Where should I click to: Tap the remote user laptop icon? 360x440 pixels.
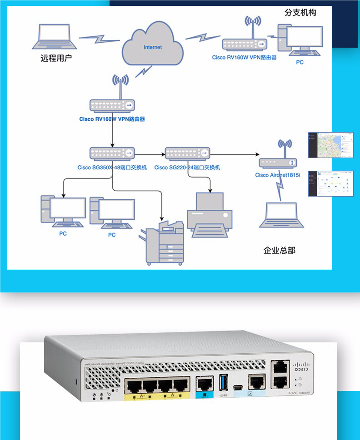pyautogui.click(x=54, y=37)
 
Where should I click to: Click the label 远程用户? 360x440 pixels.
pyautogui.click(x=56, y=58)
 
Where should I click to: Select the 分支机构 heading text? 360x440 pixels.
pyautogui.click(x=300, y=12)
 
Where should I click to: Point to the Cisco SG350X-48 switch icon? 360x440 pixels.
pyautogui.click(x=112, y=153)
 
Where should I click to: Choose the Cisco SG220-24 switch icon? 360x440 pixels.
pyautogui.click(x=187, y=153)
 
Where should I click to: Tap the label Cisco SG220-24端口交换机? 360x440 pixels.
pyautogui.click(x=187, y=168)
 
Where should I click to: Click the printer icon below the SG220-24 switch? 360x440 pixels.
pyautogui.click(x=210, y=214)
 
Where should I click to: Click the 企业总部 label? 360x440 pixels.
pyautogui.click(x=279, y=250)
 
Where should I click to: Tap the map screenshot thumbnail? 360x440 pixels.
pyautogui.click(x=330, y=145)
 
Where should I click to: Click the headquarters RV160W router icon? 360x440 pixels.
pyautogui.click(x=112, y=105)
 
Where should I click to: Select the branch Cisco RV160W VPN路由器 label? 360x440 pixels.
pyautogui.click(x=244, y=58)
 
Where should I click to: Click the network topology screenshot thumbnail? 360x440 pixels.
pyautogui.click(x=330, y=183)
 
